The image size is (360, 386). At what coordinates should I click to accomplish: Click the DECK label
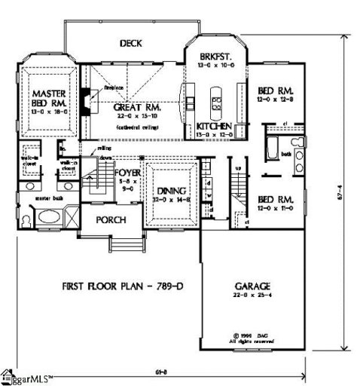(130, 44)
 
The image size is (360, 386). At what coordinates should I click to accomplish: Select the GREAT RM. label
(135, 108)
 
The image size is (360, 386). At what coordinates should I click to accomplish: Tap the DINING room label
(169, 191)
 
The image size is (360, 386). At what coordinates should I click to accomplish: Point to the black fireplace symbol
(85, 100)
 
